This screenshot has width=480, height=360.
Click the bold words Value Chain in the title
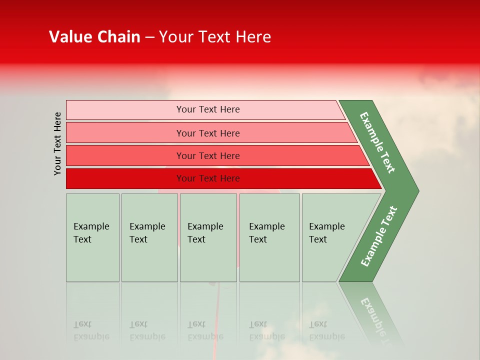[94, 37]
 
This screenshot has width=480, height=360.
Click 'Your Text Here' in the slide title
[215, 37]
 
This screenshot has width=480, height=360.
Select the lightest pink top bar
[125, 110]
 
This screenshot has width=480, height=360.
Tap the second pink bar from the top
[125, 133]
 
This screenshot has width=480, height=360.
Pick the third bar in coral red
[125, 155]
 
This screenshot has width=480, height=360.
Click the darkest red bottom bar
[125, 178]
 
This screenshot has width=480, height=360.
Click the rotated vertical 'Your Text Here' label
[57, 143]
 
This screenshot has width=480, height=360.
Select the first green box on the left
[92, 237]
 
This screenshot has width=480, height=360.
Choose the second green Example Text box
[149, 237]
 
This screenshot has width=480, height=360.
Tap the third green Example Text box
[208, 237]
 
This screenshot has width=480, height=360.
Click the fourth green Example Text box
[269, 237]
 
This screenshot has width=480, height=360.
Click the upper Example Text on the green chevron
[377, 142]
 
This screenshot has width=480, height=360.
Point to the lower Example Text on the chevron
[378, 236]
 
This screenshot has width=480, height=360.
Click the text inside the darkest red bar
[208, 178]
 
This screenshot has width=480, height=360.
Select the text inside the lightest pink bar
[208, 109]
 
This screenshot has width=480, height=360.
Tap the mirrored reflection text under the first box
[91, 330]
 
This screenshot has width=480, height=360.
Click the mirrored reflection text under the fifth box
[326, 330]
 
